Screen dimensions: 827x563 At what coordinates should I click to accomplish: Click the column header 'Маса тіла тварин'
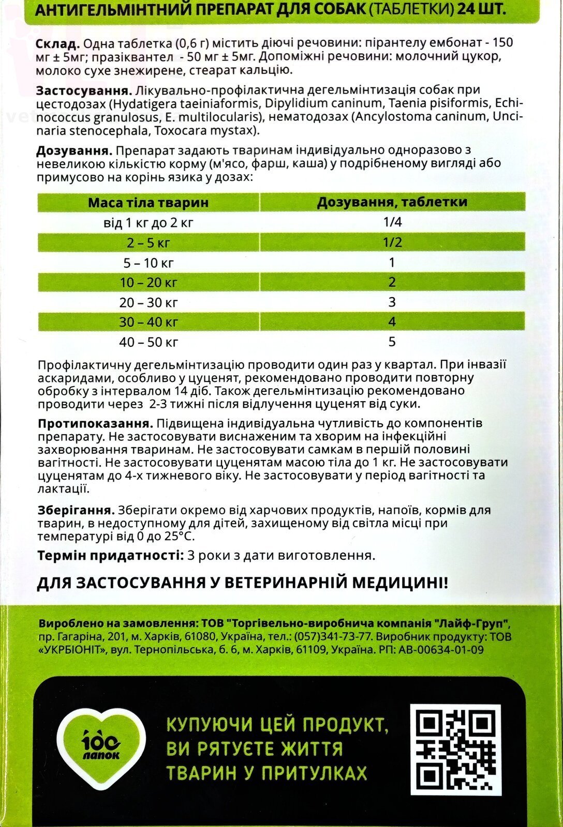tap(148, 202)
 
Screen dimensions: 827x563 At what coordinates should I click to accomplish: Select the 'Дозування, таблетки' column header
tap(392, 202)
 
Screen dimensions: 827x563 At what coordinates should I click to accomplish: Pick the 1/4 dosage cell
tap(392, 222)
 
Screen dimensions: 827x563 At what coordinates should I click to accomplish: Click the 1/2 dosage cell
tap(392, 242)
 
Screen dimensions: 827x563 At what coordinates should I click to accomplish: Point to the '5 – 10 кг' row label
tap(148, 263)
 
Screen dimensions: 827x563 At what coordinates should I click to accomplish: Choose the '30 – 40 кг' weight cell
tap(148, 322)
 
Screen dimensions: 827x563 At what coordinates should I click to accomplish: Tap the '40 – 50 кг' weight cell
tap(148, 342)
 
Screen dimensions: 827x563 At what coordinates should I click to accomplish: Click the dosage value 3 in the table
tap(392, 302)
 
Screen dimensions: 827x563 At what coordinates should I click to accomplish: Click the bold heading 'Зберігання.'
tap(76, 510)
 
